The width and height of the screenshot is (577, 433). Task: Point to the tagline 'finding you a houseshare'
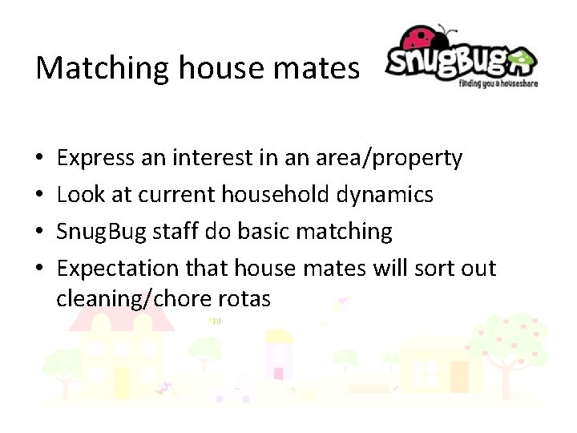[498, 82]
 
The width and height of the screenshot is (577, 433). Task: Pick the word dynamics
[391, 195]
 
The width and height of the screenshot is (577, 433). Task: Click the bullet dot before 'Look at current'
[40, 195]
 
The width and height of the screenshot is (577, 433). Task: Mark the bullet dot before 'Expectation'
[40, 268]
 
